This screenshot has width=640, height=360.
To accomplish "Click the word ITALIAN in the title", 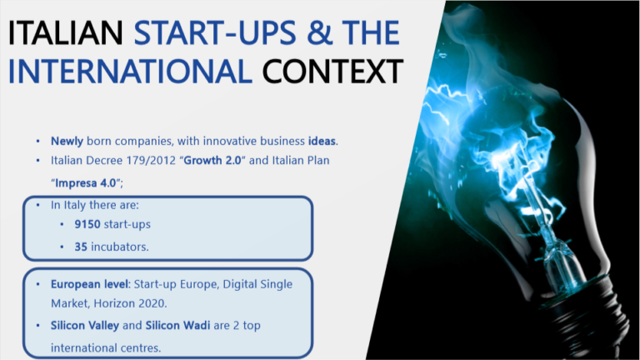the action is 66,32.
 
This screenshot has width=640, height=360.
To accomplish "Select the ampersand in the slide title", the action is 320,32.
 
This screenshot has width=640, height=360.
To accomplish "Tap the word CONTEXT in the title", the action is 332,72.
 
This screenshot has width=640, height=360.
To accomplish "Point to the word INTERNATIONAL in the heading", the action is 130,72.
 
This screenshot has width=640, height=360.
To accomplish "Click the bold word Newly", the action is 67,141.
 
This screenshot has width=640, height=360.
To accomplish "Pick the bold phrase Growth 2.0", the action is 212,160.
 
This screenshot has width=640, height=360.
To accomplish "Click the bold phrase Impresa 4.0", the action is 86,182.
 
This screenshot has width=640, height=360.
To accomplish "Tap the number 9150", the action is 87,224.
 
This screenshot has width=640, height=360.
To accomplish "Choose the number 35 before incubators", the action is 81,247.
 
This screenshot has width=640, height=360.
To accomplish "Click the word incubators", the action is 120,247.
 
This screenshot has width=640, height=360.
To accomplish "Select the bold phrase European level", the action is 89,284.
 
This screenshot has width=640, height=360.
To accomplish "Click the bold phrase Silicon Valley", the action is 85,325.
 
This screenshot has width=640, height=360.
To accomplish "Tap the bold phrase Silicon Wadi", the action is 178,325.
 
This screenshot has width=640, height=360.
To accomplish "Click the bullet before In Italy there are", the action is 38,205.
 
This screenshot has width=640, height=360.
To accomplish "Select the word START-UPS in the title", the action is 215,32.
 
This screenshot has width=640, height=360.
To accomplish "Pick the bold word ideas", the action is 322,141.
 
